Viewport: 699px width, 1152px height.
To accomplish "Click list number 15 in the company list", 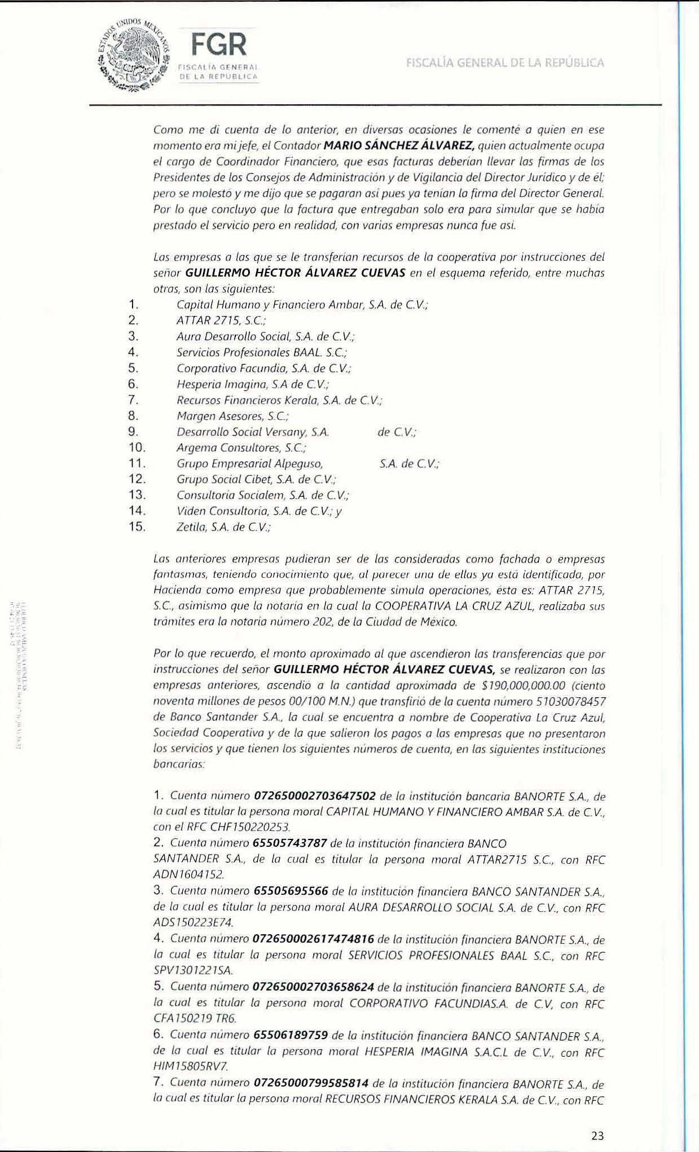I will [x=137, y=527].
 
